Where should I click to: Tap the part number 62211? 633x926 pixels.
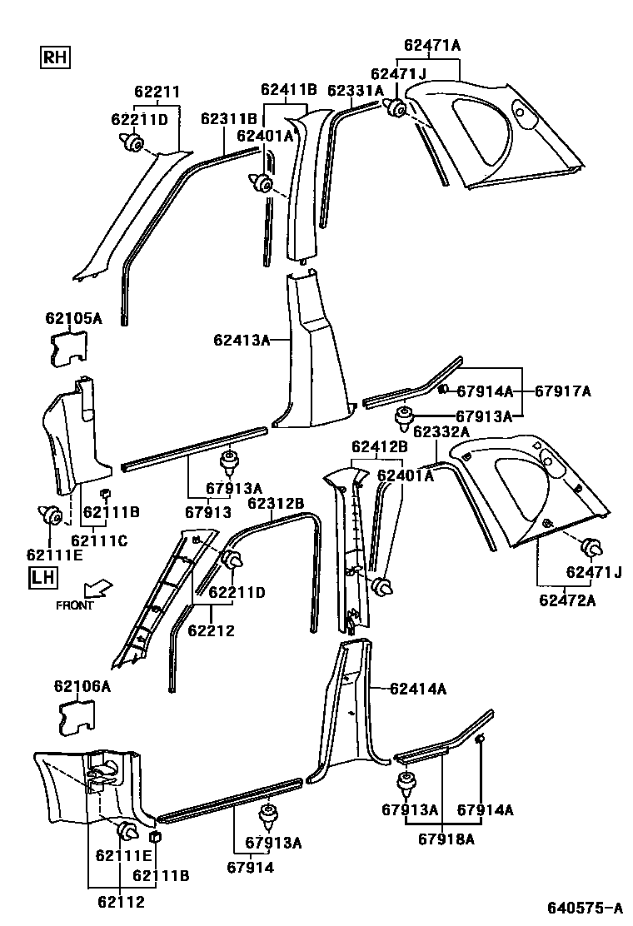[157, 92]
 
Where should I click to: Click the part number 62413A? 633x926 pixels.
[242, 340]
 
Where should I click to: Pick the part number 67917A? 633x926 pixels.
[562, 391]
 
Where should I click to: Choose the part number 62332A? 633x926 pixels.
[441, 432]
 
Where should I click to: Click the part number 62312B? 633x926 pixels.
[276, 503]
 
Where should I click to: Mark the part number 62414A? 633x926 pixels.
[418, 689]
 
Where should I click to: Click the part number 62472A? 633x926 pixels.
[567, 600]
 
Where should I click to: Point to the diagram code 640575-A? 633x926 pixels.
[584, 908]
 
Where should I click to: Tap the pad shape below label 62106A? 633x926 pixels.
[75, 717]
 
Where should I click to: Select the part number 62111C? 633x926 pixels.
[99, 541]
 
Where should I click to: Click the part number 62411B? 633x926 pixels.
[288, 89]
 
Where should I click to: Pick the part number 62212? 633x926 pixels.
[212, 630]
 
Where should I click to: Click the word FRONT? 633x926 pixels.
[75, 605]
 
